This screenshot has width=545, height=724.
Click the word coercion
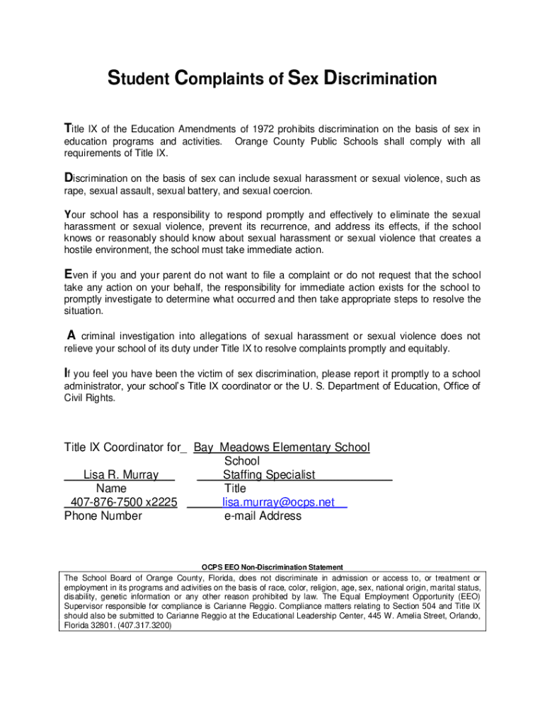[x=291, y=191]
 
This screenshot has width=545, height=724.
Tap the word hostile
[x=79, y=250]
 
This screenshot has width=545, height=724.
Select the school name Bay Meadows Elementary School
[x=282, y=447]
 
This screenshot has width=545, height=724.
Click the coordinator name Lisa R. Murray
[x=121, y=474]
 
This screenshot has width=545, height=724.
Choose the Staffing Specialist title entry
[x=269, y=474]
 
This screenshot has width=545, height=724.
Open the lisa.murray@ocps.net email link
[x=278, y=502]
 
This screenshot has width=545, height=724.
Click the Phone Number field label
[x=103, y=516]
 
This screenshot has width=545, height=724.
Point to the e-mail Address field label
[x=263, y=516]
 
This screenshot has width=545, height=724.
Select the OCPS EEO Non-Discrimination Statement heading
[x=272, y=567]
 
